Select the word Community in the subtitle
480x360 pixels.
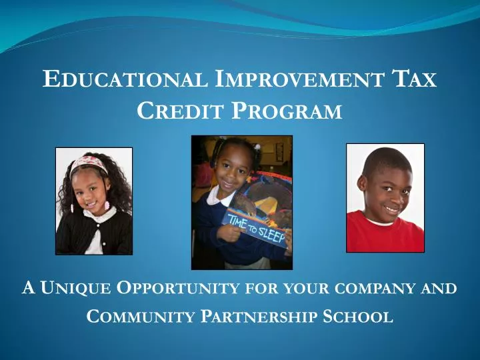(141, 317)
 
